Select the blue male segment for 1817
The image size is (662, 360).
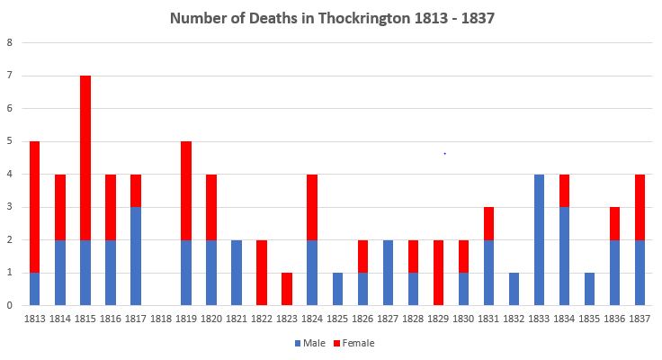coord(136,256)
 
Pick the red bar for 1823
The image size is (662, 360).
coord(287,288)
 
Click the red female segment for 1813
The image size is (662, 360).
coord(35,206)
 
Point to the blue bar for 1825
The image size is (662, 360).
coord(337,288)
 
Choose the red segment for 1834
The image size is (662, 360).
coord(563,190)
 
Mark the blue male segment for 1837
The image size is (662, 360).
coord(639,272)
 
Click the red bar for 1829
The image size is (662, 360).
coord(437,272)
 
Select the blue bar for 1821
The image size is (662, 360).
coord(237,272)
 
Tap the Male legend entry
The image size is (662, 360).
coord(310,343)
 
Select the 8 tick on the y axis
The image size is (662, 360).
coord(10,42)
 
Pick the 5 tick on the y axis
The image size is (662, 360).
coord(10,141)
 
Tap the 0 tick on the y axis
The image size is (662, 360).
coord(10,305)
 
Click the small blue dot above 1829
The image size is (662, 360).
coord(444,154)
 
